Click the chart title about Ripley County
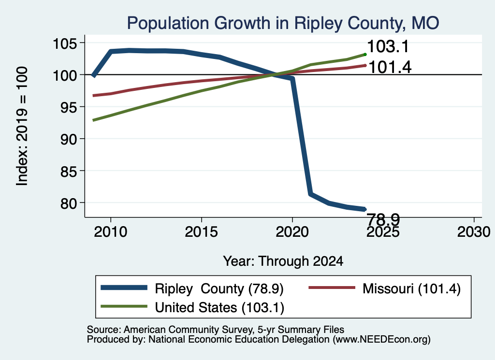click(283, 24)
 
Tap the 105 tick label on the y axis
click(69, 43)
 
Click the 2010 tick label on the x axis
click(111, 232)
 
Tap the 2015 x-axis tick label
click(202, 232)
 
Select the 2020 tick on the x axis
click(292, 232)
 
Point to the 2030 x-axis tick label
click(474, 232)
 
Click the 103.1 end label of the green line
click(388, 46)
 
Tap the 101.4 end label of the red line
click(390, 67)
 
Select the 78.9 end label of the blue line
click(383, 218)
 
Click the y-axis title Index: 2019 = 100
click(22, 126)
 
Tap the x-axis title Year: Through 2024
click(283, 261)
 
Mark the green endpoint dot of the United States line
click(365, 55)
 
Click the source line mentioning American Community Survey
click(215, 330)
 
